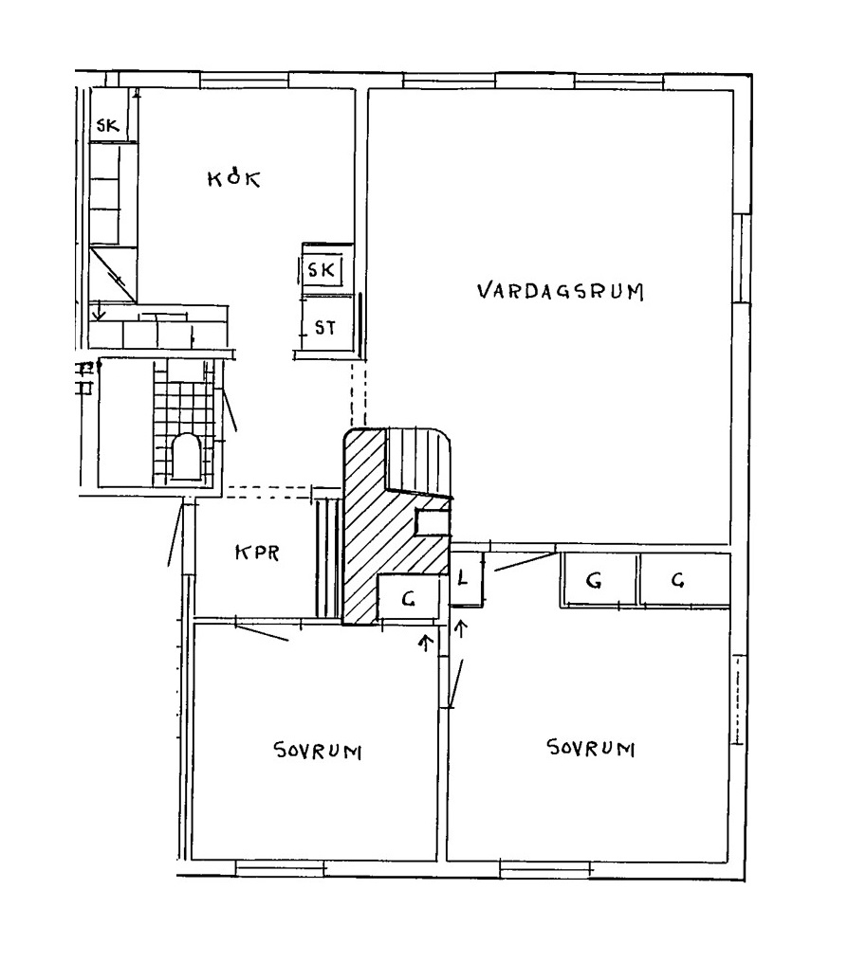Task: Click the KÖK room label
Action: coord(234,178)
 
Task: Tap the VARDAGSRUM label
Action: coord(561,291)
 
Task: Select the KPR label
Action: coord(257,553)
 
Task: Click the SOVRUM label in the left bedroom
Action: coord(318,750)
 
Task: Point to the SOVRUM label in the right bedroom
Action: coord(591,748)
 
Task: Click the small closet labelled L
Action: coord(467,579)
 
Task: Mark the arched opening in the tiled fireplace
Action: coord(184,457)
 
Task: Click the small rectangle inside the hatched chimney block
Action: coord(433,522)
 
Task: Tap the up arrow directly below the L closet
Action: coord(462,628)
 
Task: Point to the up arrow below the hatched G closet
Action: coord(427,643)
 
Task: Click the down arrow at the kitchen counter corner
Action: coord(99,310)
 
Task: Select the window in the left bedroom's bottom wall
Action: coord(281,868)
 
